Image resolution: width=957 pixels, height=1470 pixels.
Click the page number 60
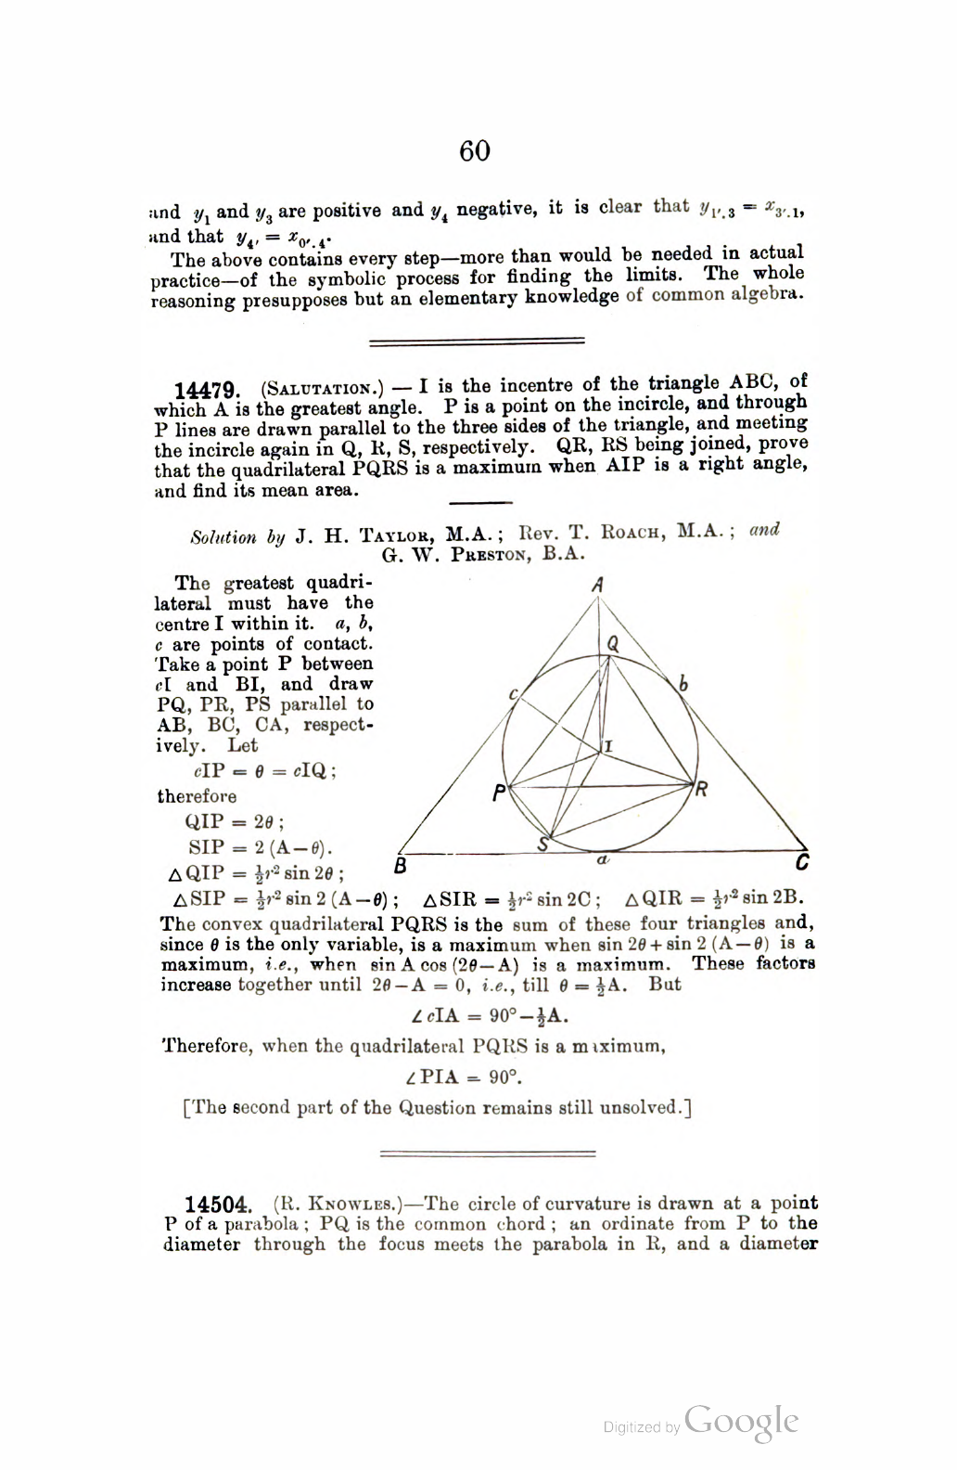pos(475,150)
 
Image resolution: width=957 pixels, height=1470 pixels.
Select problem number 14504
pos(218,1206)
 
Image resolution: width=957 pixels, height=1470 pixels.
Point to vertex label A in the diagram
pos(598,585)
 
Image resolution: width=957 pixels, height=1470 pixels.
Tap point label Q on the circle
pos(613,643)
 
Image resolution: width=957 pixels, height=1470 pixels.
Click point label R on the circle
pos(702,790)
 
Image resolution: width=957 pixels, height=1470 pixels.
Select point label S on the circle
pos(545,845)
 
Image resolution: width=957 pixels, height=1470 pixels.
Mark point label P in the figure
pos(498,793)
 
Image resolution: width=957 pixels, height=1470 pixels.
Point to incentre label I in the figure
pos(609,746)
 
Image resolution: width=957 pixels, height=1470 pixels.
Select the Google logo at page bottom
pos(743,1421)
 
